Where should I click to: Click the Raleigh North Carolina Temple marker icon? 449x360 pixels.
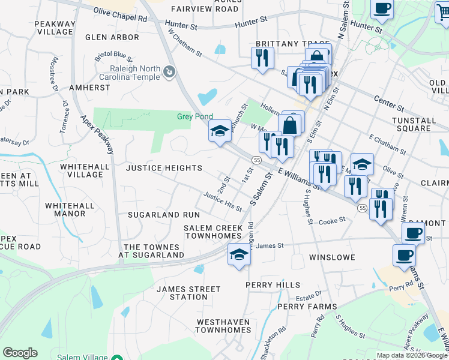click(x=170, y=72)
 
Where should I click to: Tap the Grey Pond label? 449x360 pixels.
click(x=191, y=116)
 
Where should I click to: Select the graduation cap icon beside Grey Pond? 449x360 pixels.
click(x=220, y=131)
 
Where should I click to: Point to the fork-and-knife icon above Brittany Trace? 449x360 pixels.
click(x=262, y=58)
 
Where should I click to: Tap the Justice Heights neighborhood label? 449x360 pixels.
click(x=164, y=168)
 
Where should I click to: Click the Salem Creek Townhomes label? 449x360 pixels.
click(x=212, y=232)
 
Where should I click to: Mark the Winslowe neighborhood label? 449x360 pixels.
click(x=332, y=257)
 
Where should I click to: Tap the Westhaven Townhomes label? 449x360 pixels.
click(x=223, y=326)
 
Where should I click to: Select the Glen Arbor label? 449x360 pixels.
click(x=112, y=37)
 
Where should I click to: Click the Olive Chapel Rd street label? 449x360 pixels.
click(x=120, y=14)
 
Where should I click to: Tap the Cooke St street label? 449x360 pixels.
click(x=332, y=220)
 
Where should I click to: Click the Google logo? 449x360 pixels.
click(x=20, y=352)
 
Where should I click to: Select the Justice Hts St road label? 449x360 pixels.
click(x=222, y=202)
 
